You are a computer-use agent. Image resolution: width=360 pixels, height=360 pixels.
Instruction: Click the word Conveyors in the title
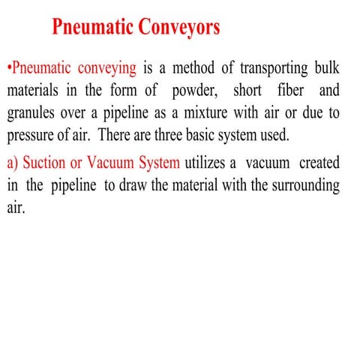(x=178, y=28)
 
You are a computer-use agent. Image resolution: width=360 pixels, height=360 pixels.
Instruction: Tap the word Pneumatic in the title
(x=92, y=28)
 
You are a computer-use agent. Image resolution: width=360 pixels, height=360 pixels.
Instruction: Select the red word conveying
(x=103, y=69)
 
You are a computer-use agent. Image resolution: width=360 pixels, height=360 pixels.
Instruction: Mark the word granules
(x=34, y=116)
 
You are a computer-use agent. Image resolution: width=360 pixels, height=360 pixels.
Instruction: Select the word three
(x=191, y=139)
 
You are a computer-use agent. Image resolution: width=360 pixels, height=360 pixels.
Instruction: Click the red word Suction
(x=45, y=163)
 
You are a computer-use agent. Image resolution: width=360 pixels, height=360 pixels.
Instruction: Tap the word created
(x=319, y=163)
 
